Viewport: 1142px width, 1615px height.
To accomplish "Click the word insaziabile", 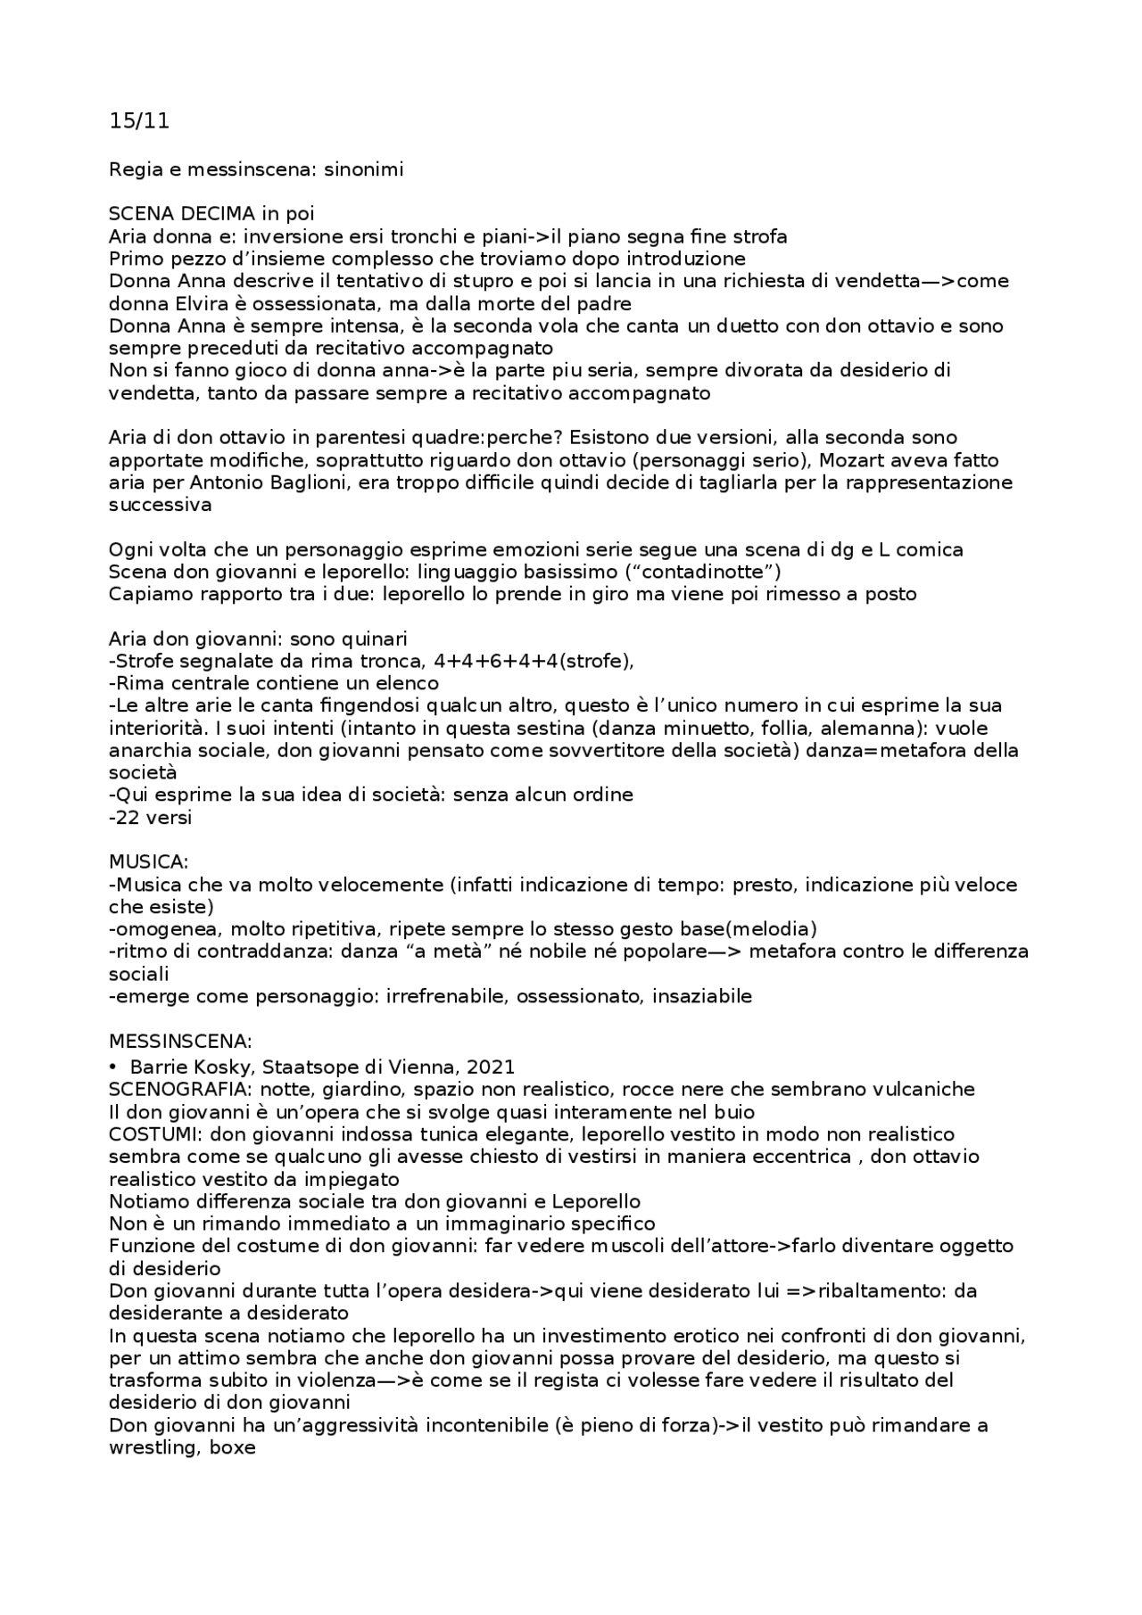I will [x=701, y=996].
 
